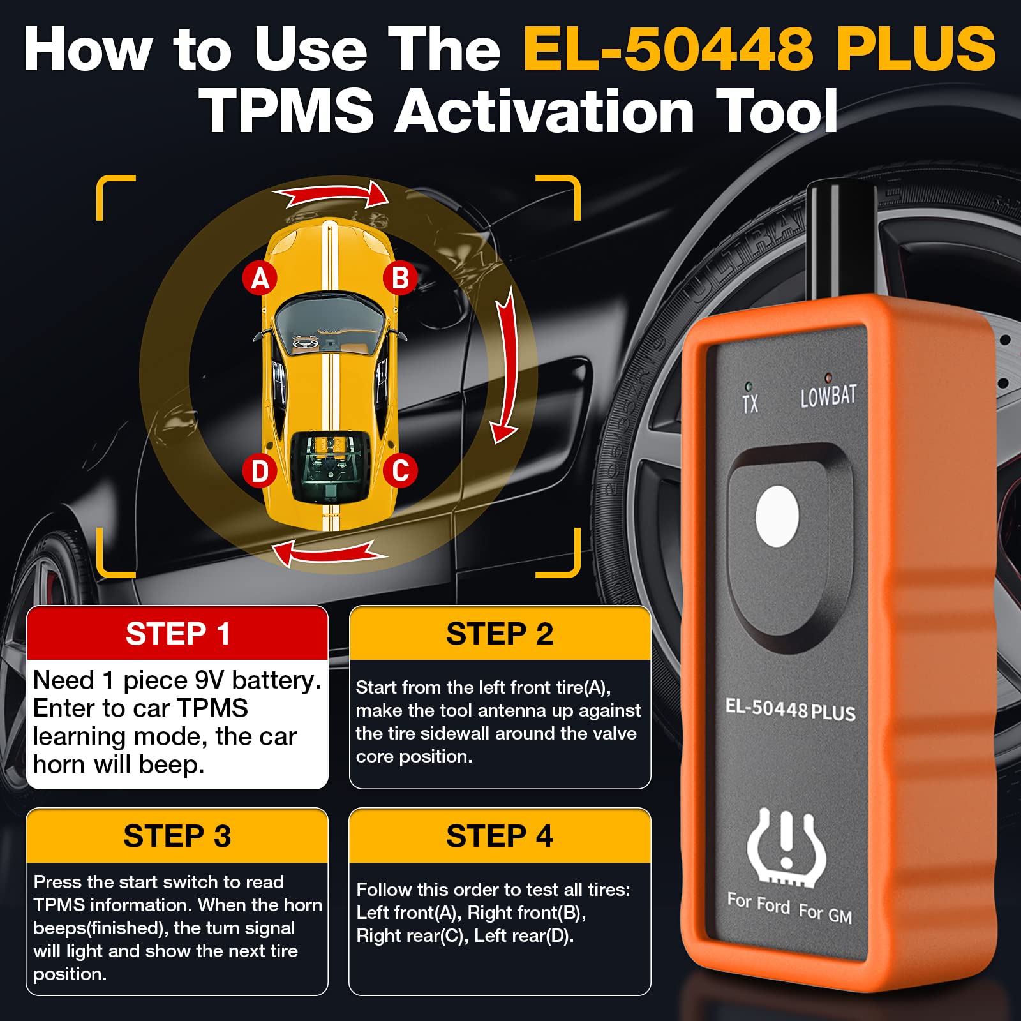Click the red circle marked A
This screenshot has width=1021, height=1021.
(260, 278)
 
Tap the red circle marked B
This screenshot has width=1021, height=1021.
(400, 278)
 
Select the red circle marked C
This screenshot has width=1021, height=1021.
(400, 471)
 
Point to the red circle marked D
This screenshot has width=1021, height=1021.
(260, 472)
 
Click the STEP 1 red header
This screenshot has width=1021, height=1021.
(177, 634)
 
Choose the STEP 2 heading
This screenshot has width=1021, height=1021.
(500, 634)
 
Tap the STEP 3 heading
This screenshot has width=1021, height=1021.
(177, 836)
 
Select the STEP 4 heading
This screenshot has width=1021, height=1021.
(500, 836)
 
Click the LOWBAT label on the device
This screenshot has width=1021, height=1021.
(828, 396)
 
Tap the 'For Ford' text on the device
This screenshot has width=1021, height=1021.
(759, 903)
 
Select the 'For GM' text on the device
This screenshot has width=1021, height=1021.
(826, 913)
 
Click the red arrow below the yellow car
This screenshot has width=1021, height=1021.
(329, 552)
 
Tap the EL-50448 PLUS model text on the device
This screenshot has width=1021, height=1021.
(790, 709)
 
